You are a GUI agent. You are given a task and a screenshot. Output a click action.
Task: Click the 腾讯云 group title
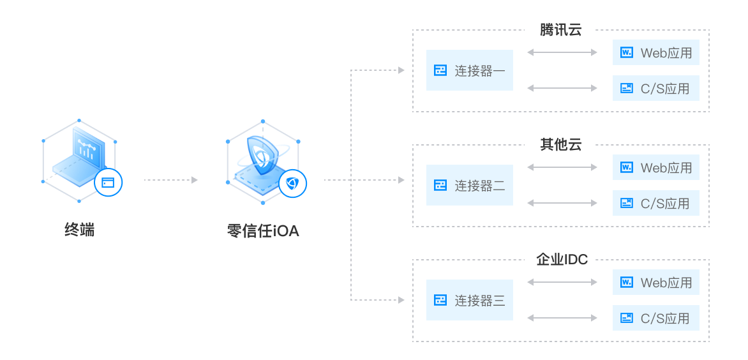560,30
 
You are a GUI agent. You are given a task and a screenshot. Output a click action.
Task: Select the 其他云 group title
560,145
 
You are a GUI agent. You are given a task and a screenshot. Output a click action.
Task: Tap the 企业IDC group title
560,260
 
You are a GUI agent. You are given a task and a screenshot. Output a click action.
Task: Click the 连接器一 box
470,70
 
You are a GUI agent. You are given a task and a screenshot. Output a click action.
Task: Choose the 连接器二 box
470,185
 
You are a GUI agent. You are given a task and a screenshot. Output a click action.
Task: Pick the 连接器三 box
470,300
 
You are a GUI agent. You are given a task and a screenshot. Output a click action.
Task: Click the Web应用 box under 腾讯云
656,52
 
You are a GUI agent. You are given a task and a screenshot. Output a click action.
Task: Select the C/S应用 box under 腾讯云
656,88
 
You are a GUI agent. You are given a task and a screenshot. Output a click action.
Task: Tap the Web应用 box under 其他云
656,167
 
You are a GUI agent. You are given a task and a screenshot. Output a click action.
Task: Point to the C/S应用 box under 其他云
656,203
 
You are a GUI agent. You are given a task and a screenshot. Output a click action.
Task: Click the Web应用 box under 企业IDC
656,282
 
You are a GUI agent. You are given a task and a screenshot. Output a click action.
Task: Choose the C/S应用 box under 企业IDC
656,318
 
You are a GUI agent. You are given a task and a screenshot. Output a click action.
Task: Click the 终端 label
79,230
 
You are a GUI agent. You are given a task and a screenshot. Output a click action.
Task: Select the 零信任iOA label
263,230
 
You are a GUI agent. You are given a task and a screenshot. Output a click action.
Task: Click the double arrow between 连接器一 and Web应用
562,52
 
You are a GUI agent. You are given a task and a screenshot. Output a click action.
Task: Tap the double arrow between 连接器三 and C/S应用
562,318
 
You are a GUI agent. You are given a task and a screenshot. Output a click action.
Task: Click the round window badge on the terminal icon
108,183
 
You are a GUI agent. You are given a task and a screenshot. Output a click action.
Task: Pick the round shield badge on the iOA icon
292,183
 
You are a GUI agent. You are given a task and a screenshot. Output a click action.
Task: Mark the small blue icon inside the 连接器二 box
440,185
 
